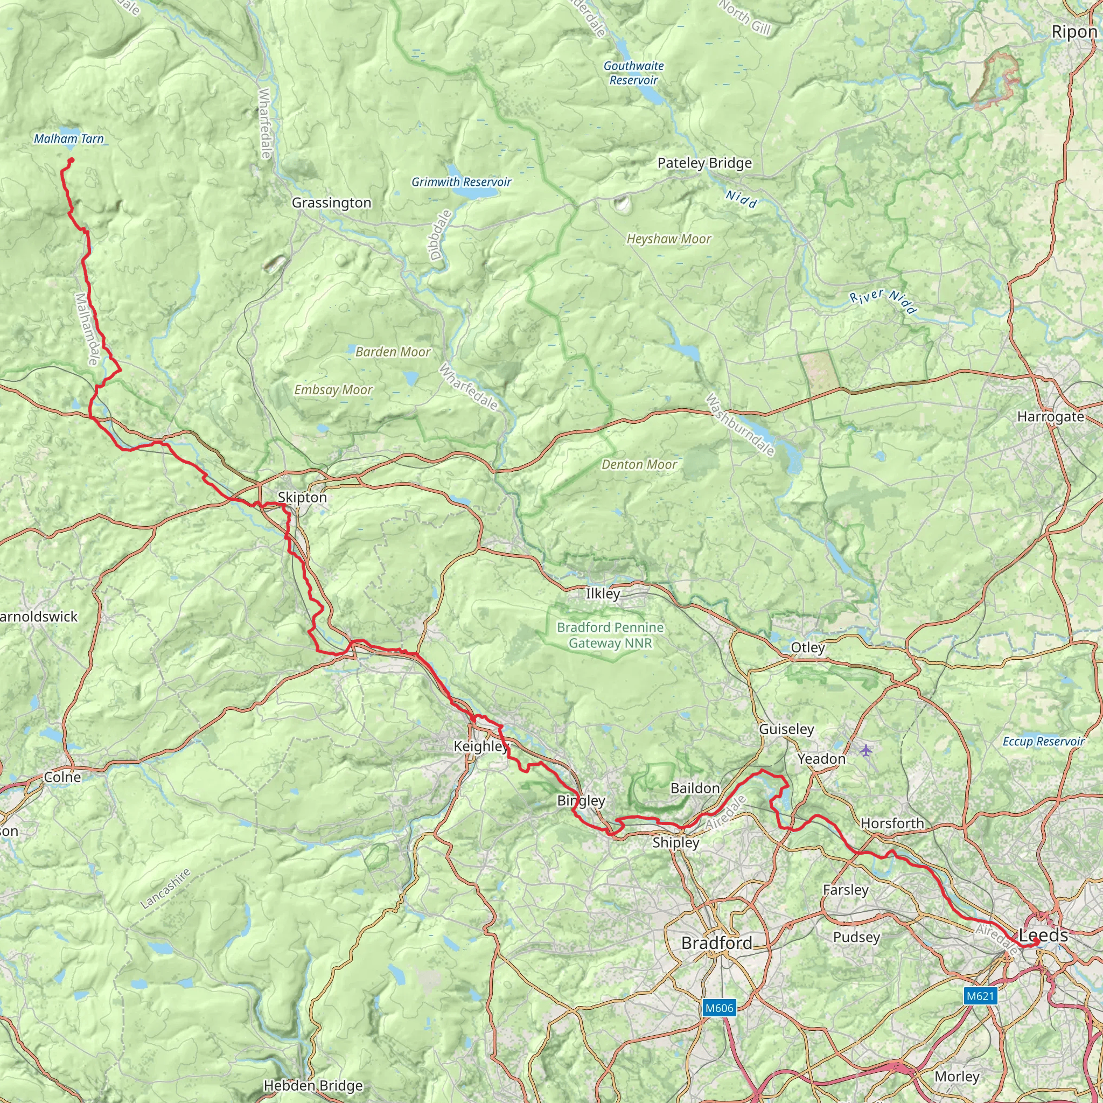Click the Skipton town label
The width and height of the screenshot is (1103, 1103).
click(302, 497)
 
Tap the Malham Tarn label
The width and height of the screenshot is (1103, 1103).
click(68, 139)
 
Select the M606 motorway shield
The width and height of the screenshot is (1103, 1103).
click(719, 1008)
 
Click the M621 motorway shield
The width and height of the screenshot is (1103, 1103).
click(980, 996)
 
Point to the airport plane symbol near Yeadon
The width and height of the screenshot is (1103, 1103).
click(867, 750)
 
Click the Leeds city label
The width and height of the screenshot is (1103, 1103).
click(1043, 935)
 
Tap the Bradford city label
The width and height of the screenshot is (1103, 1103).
click(716, 943)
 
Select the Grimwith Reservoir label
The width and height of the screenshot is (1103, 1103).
click(462, 182)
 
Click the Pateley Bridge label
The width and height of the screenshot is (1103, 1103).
click(704, 163)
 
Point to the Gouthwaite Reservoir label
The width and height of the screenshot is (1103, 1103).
click(634, 73)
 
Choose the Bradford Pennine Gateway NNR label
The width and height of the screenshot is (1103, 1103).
click(610, 635)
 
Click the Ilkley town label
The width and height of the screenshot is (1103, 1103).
click(603, 594)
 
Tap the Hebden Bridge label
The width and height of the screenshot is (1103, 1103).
click(313, 1085)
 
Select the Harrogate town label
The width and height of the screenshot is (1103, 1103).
click(1050, 417)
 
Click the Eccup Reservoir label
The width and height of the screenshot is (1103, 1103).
click(1043, 742)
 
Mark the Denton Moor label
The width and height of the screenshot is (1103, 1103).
click(639, 465)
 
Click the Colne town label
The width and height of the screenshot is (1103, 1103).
click(62, 777)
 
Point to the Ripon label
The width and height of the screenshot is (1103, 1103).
click(1074, 32)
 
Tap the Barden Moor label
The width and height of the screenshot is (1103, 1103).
click(393, 352)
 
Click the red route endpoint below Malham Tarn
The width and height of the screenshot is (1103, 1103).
click(72, 160)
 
